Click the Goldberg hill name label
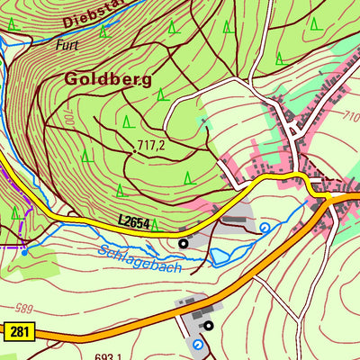coord(106,78)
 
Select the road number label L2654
coord(134,220)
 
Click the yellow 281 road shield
coord(19,333)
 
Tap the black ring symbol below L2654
coord(184,242)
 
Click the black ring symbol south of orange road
coord(208,326)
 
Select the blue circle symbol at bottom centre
coord(198,344)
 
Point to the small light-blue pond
coord(220,256)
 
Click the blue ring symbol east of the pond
coord(265,229)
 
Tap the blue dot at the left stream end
coord(24,253)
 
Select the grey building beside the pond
coord(236,219)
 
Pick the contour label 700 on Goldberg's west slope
coord(67,118)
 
